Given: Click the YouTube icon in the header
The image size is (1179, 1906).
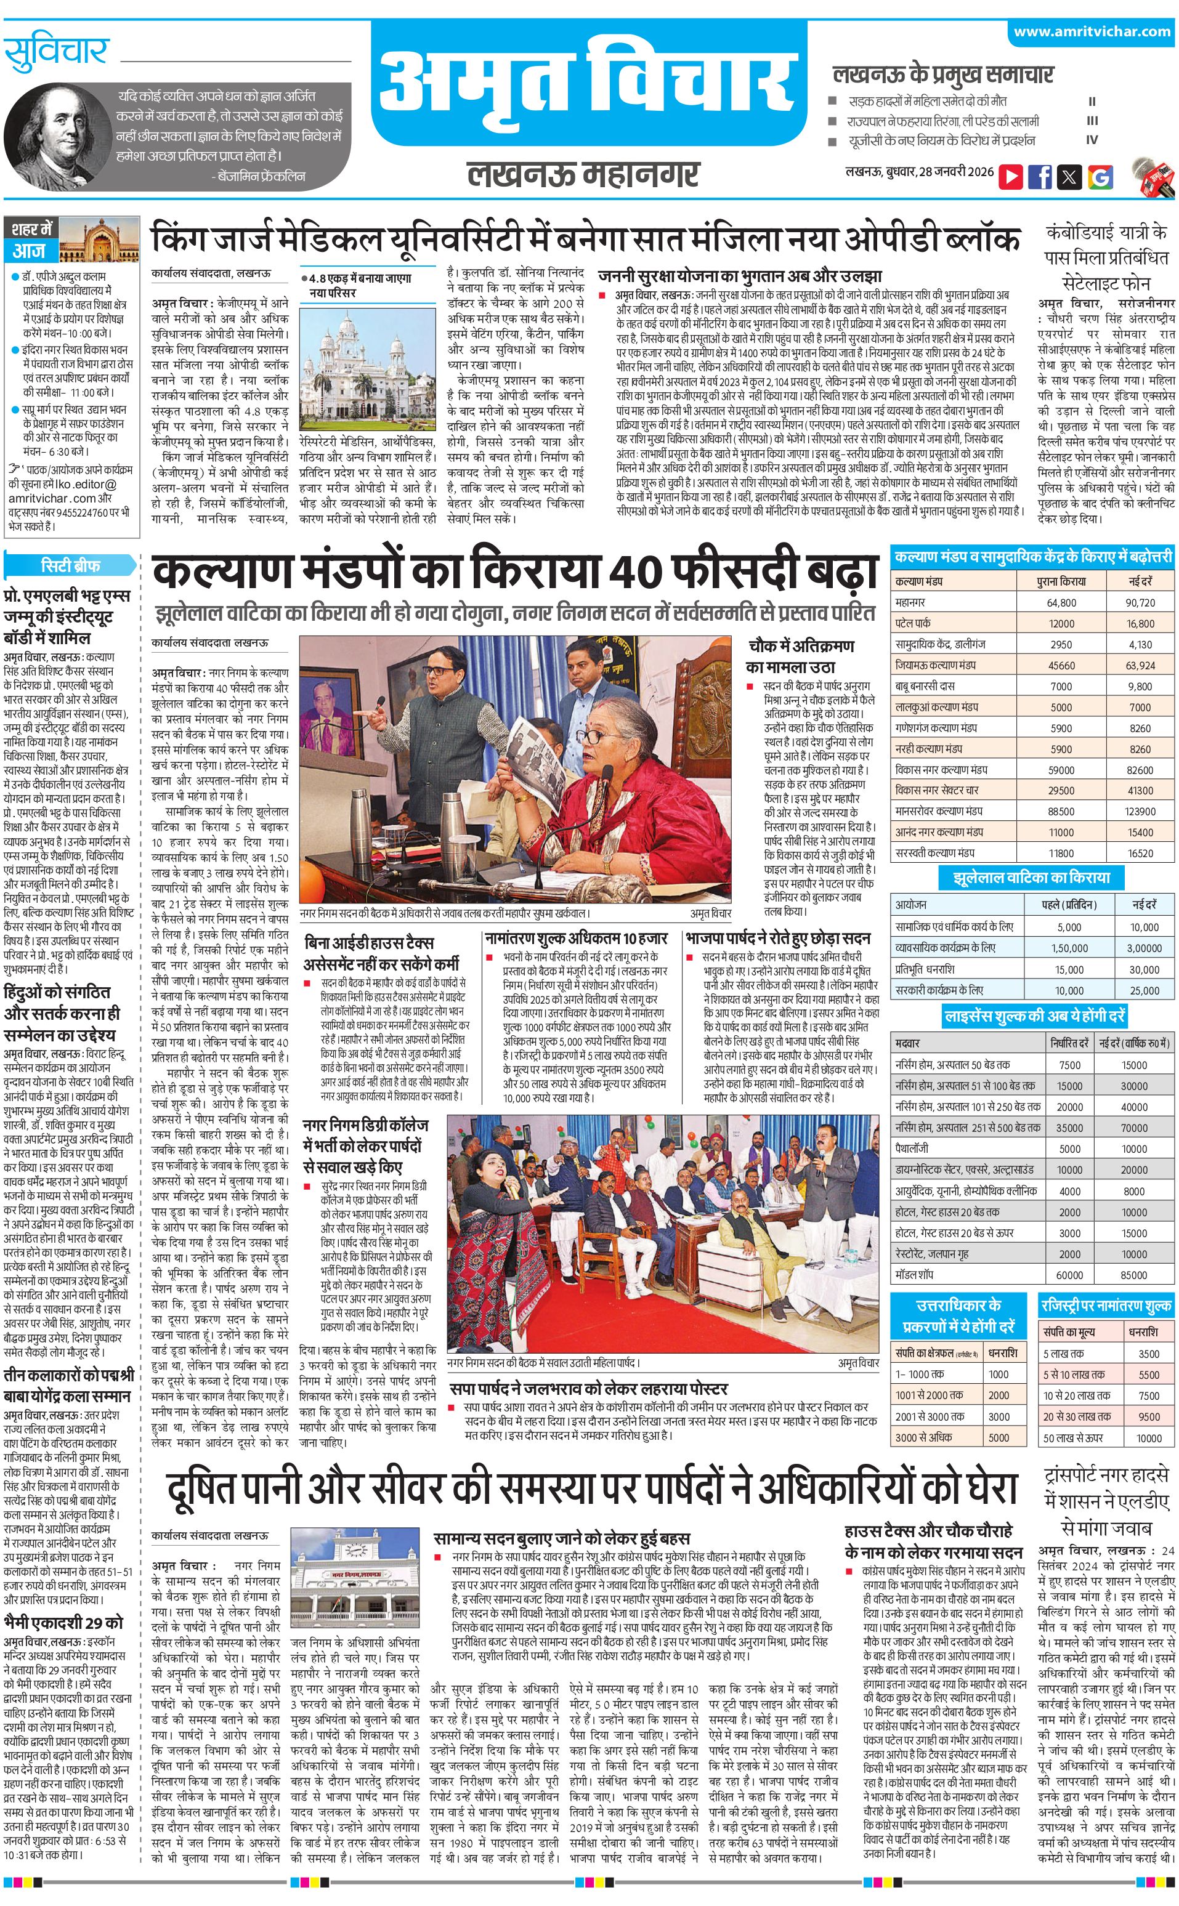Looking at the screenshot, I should click(x=1011, y=176).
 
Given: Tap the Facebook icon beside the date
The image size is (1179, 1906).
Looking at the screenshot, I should click(x=1040, y=176).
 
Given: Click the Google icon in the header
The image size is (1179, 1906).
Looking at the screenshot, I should click(x=1100, y=176).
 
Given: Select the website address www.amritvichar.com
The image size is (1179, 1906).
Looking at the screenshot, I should click(x=1092, y=32).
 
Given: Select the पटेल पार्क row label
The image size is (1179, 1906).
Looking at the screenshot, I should click(x=913, y=624).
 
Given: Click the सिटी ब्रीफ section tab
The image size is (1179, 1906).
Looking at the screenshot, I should click(x=70, y=565).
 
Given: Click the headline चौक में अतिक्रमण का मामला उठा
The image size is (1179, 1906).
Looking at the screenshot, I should click(x=800, y=656).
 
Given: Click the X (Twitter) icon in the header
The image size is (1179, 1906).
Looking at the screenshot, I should click(x=1070, y=176).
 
